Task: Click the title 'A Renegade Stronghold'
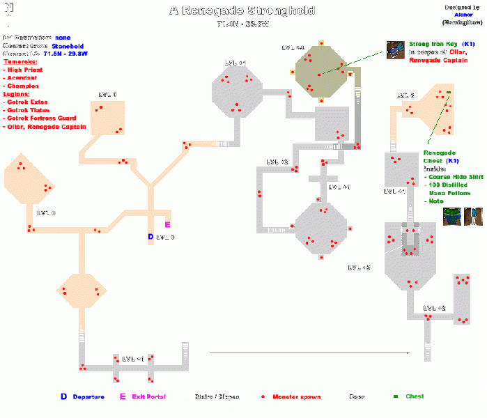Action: [242, 10]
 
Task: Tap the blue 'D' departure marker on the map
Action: [150, 237]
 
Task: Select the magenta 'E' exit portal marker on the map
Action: [167, 224]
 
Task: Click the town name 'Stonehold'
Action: [67, 45]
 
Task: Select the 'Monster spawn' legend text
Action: [296, 396]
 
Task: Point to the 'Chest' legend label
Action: [414, 396]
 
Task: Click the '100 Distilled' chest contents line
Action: [449, 185]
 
